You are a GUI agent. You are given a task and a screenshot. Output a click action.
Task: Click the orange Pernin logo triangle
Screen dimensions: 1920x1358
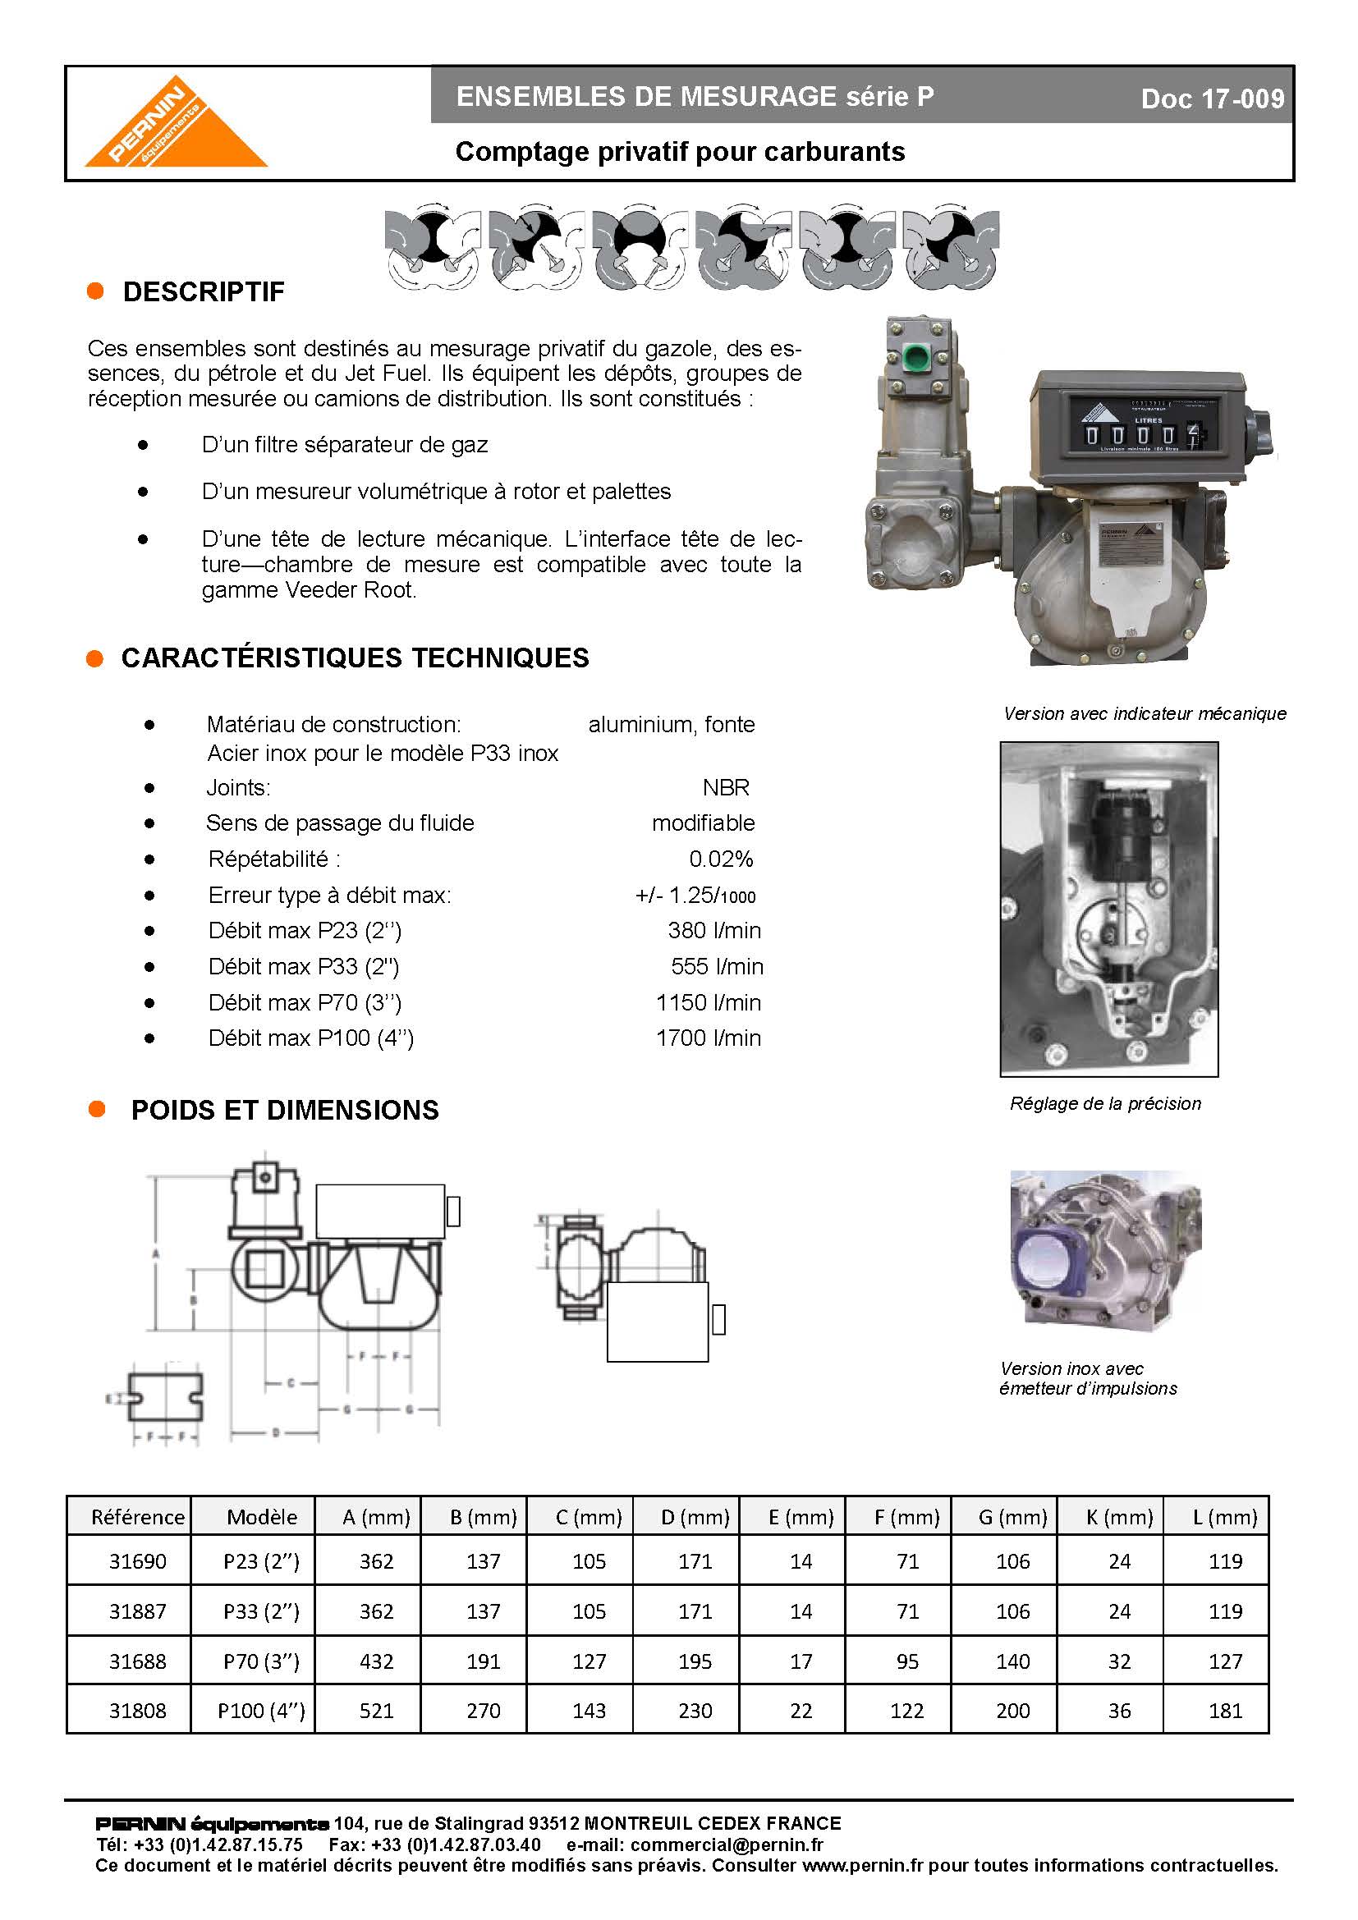tap(176, 130)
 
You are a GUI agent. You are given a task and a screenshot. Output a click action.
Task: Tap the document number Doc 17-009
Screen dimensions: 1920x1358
tap(1212, 99)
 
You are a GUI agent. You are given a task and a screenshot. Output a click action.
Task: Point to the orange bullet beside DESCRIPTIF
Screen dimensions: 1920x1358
tap(95, 291)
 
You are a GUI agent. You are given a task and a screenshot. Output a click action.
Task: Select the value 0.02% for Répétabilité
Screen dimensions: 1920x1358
tap(721, 859)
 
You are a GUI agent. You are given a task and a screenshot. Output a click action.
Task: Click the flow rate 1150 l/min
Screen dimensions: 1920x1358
tap(709, 1001)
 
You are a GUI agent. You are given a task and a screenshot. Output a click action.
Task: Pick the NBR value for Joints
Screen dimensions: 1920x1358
tap(726, 787)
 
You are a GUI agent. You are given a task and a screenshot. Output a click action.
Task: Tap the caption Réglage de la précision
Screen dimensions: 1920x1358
tap(1104, 1103)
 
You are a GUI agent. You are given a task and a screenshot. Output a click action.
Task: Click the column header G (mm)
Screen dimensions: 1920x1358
tap(1012, 1517)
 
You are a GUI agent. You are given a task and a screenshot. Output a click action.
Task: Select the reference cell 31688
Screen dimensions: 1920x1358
tap(138, 1661)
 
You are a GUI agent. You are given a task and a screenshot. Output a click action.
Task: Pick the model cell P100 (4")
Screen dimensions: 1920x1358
tap(261, 1710)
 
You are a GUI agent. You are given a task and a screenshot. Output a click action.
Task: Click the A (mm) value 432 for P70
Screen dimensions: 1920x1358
tap(376, 1661)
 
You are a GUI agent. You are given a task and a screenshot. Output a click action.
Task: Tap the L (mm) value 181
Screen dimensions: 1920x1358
tap(1225, 1710)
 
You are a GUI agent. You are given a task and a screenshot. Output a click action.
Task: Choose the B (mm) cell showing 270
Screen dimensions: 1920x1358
tap(484, 1710)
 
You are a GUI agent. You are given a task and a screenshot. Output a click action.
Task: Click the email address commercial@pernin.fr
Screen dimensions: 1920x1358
tap(726, 1844)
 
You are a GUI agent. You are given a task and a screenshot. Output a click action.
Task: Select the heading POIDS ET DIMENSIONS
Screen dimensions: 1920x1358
tap(284, 1110)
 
